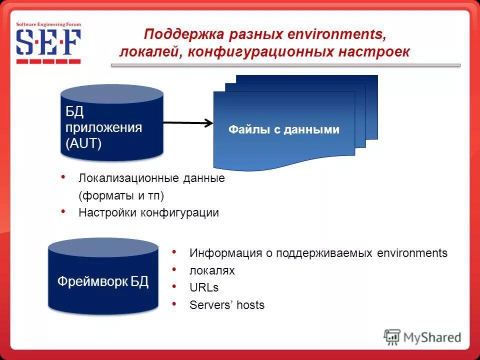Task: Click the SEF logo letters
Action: pyautogui.click(x=48, y=43)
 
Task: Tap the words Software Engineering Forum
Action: pyautogui.click(x=48, y=24)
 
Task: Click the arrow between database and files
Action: pyautogui.click(x=187, y=122)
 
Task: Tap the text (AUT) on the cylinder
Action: pyautogui.click(x=83, y=144)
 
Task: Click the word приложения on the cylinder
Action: pyautogui.click(x=104, y=127)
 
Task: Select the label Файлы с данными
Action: pyautogui.click(x=284, y=130)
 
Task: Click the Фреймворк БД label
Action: pyautogui.click(x=103, y=281)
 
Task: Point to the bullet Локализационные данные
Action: pyautogui.click(x=151, y=178)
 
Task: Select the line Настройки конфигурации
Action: pyautogui.click(x=148, y=212)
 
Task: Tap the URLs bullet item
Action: pyautogui.click(x=204, y=287)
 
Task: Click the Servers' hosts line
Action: pyautogui.click(x=227, y=305)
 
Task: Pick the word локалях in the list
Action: pyautogui.click(x=212, y=270)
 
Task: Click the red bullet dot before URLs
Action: pyautogui.click(x=173, y=286)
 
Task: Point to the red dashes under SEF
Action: pyautogui.click(x=48, y=61)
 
